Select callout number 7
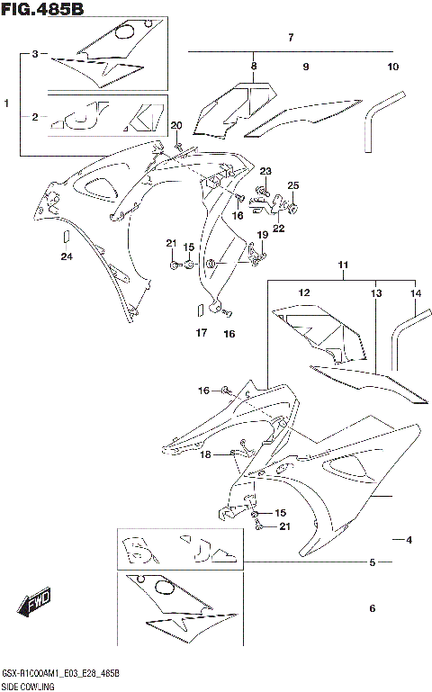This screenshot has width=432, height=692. (291, 38)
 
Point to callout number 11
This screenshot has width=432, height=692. (343, 265)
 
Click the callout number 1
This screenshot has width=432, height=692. (7, 103)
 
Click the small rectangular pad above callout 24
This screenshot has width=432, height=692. (65, 237)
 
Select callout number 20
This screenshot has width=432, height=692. (175, 125)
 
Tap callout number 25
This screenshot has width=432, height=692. (292, 185)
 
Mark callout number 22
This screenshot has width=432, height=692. (278, 229)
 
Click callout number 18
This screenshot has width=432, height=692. (206, 455)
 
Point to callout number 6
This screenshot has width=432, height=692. (371, 608)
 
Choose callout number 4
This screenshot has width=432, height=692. (408, 540)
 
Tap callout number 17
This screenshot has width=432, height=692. (201, 333)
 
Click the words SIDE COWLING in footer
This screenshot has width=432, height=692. (28, 686)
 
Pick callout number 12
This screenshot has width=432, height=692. (304, 293)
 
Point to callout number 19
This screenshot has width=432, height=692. (263, 235)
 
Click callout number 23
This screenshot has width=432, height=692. (265, 171)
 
